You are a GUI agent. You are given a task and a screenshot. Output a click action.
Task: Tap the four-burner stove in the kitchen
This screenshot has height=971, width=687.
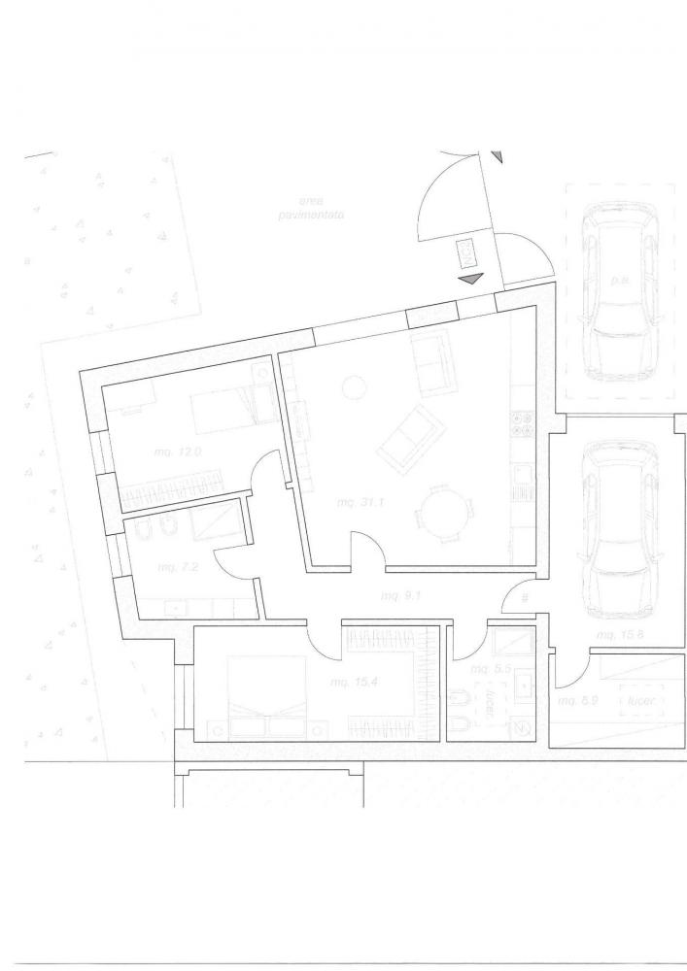pyautogui.click(x=519, y=427)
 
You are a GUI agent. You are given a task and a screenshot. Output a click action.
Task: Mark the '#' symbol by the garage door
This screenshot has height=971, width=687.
pyautogui.click(x=525, y=598)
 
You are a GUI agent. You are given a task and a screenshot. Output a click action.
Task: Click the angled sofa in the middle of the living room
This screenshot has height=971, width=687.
pyautogui.click(x=407, y=438)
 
